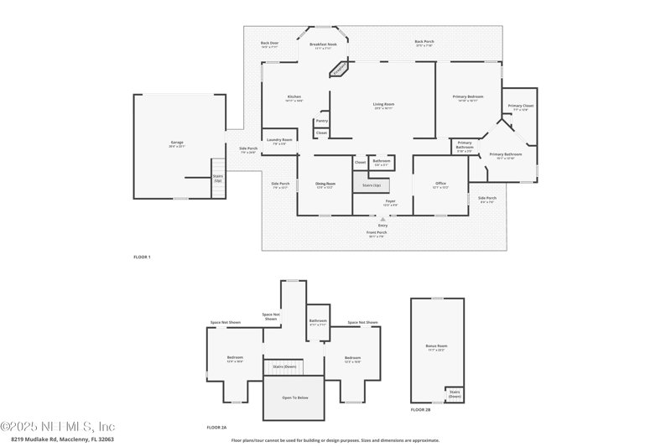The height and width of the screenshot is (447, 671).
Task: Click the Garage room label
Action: coord(177,143)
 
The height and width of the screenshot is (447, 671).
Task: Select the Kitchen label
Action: coord(294,97)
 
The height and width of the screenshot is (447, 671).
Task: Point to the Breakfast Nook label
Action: coord(323,45)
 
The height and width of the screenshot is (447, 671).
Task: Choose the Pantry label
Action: coord(322,121)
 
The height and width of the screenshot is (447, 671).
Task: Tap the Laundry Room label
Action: coord(279,141)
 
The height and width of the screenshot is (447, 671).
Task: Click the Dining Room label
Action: coord(325,185)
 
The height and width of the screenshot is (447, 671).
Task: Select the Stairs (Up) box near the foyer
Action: coord(371,185)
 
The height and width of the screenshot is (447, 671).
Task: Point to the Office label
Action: coord(440,185)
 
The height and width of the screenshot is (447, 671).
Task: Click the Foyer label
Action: coord(390,202)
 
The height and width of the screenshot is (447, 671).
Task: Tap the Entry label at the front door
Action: coord(382,225)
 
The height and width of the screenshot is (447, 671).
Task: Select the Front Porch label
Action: coord(376,234)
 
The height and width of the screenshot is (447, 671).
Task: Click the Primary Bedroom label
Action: coord(468,97)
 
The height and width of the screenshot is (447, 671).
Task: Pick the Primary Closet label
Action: coord(520,107)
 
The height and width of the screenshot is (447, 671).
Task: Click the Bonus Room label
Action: coord(437,346)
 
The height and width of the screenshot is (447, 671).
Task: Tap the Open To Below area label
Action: coord(294,398)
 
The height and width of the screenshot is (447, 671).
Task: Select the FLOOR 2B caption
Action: coord(421,410)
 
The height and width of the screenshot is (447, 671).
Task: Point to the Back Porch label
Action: coord(424,43)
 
